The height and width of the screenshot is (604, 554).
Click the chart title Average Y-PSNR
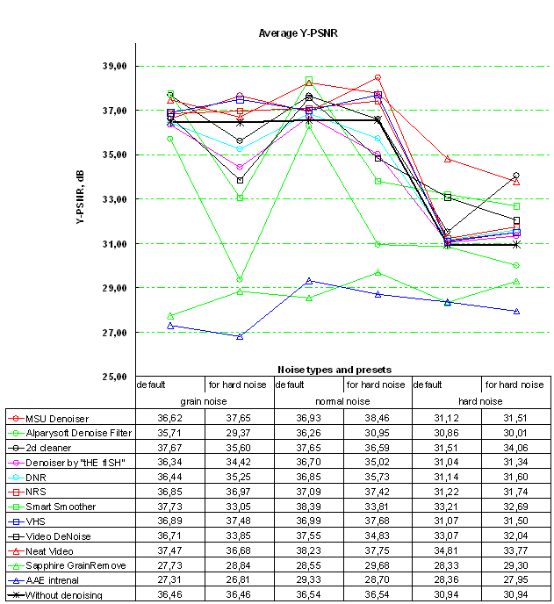tap(299, 33)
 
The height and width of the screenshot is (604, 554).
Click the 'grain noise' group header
tap(204, 400)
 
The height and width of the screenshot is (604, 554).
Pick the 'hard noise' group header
tap(481, 400)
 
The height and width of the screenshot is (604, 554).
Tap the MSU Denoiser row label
tap(61, 417)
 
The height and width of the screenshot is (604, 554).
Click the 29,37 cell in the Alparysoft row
tap(239, 432)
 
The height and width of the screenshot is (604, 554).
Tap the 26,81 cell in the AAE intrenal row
tap(239, 580)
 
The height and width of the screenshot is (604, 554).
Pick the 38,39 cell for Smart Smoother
tap(308, 507)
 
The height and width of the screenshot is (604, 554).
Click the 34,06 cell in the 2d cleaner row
tap(515, 447)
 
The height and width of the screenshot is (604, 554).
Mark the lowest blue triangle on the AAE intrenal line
tap(239, 336)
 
